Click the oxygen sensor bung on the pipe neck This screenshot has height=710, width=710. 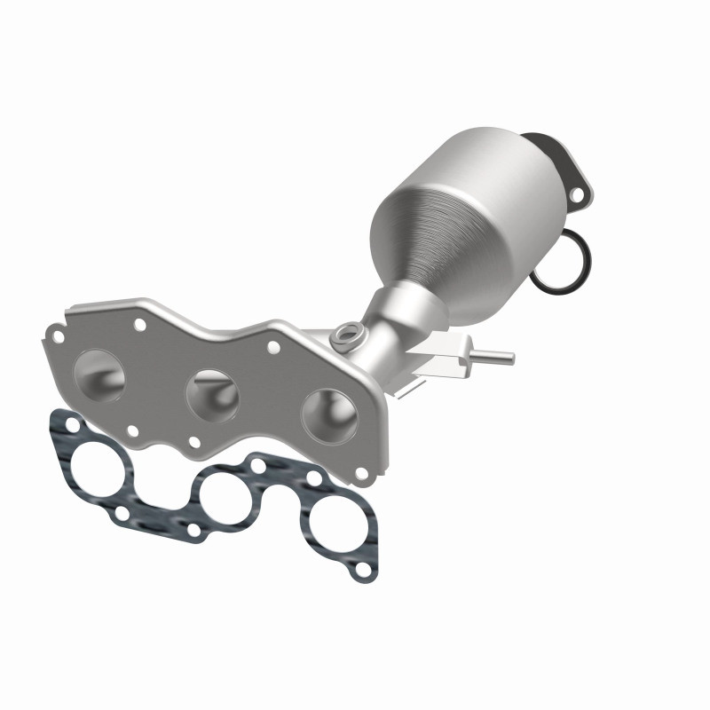(346, 335)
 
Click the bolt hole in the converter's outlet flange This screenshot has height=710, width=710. (580, 193)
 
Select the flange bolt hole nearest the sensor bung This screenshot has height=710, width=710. (274, 346)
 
